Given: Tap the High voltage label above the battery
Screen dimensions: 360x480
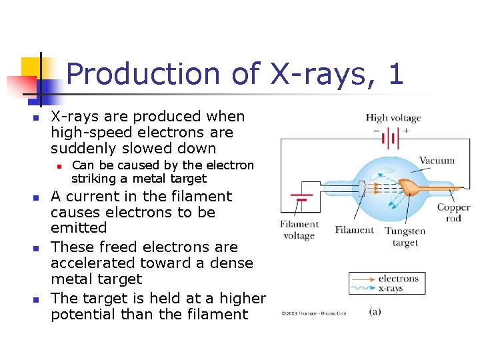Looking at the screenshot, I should [393, 118].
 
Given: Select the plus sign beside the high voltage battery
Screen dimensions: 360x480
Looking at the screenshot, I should [406, 131].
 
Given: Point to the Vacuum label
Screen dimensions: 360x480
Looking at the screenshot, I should [437, 160].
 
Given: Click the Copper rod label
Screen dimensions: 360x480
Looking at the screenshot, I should [453, 213].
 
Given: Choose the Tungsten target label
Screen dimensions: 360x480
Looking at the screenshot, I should [405, 237].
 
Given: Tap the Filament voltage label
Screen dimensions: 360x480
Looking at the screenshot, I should [299, 230].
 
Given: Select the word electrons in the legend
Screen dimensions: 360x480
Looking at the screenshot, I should [399, 279].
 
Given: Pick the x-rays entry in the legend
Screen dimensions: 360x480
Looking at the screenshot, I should [391, 289].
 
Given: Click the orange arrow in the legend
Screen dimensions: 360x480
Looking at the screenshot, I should [363, 279].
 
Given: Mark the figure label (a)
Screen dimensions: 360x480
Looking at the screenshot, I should [375, 312].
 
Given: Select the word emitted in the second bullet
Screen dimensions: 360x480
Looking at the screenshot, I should [79, 228].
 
